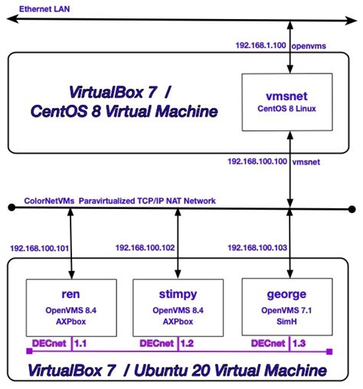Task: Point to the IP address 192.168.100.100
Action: pyautogui.click(x=257, y=162)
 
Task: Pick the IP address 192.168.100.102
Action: pyautogui.click(x=145, y=247)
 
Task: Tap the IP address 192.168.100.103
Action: pyautogui.click(x=257, y=247)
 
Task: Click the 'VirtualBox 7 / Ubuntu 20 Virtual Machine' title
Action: pyautogui.click(x=178, y=371)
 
